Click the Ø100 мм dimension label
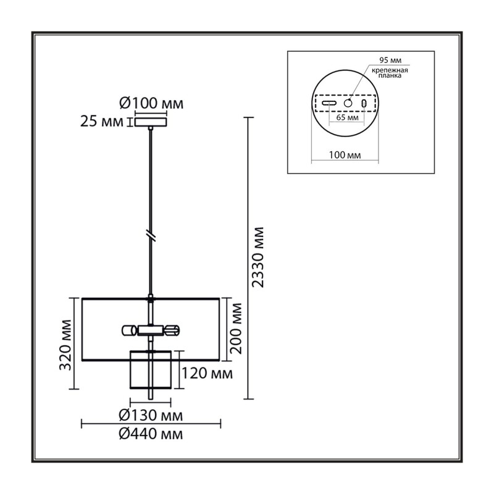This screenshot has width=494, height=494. tap(151, 103)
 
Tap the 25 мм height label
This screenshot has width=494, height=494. tap(101, 122)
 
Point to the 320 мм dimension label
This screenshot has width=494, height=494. tap(65, 345)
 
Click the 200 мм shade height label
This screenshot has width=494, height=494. tap(237, 329)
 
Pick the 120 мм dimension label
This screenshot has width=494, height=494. tap(207, 374)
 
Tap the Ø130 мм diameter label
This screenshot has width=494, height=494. tap(151, 416)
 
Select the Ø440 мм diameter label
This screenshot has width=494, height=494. tap(151, 434)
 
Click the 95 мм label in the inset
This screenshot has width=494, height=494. tap(390, 60)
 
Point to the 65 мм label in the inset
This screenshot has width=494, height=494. tap(348, 118)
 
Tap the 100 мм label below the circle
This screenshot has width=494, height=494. tap(345, 155)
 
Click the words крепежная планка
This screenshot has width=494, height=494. tap(390, 73)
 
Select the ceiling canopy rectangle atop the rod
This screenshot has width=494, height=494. tap(151, 122)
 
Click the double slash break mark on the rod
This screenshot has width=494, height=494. tap(151, 237)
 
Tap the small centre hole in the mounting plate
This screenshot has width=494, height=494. tap(348, 103)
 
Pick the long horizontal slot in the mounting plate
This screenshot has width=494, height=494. tap(329, 103)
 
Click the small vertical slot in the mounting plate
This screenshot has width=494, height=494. tap(364, 103)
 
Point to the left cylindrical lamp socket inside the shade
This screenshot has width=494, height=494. tap(130, 330)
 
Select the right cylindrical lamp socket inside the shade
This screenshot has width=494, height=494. tap(172, 330)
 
